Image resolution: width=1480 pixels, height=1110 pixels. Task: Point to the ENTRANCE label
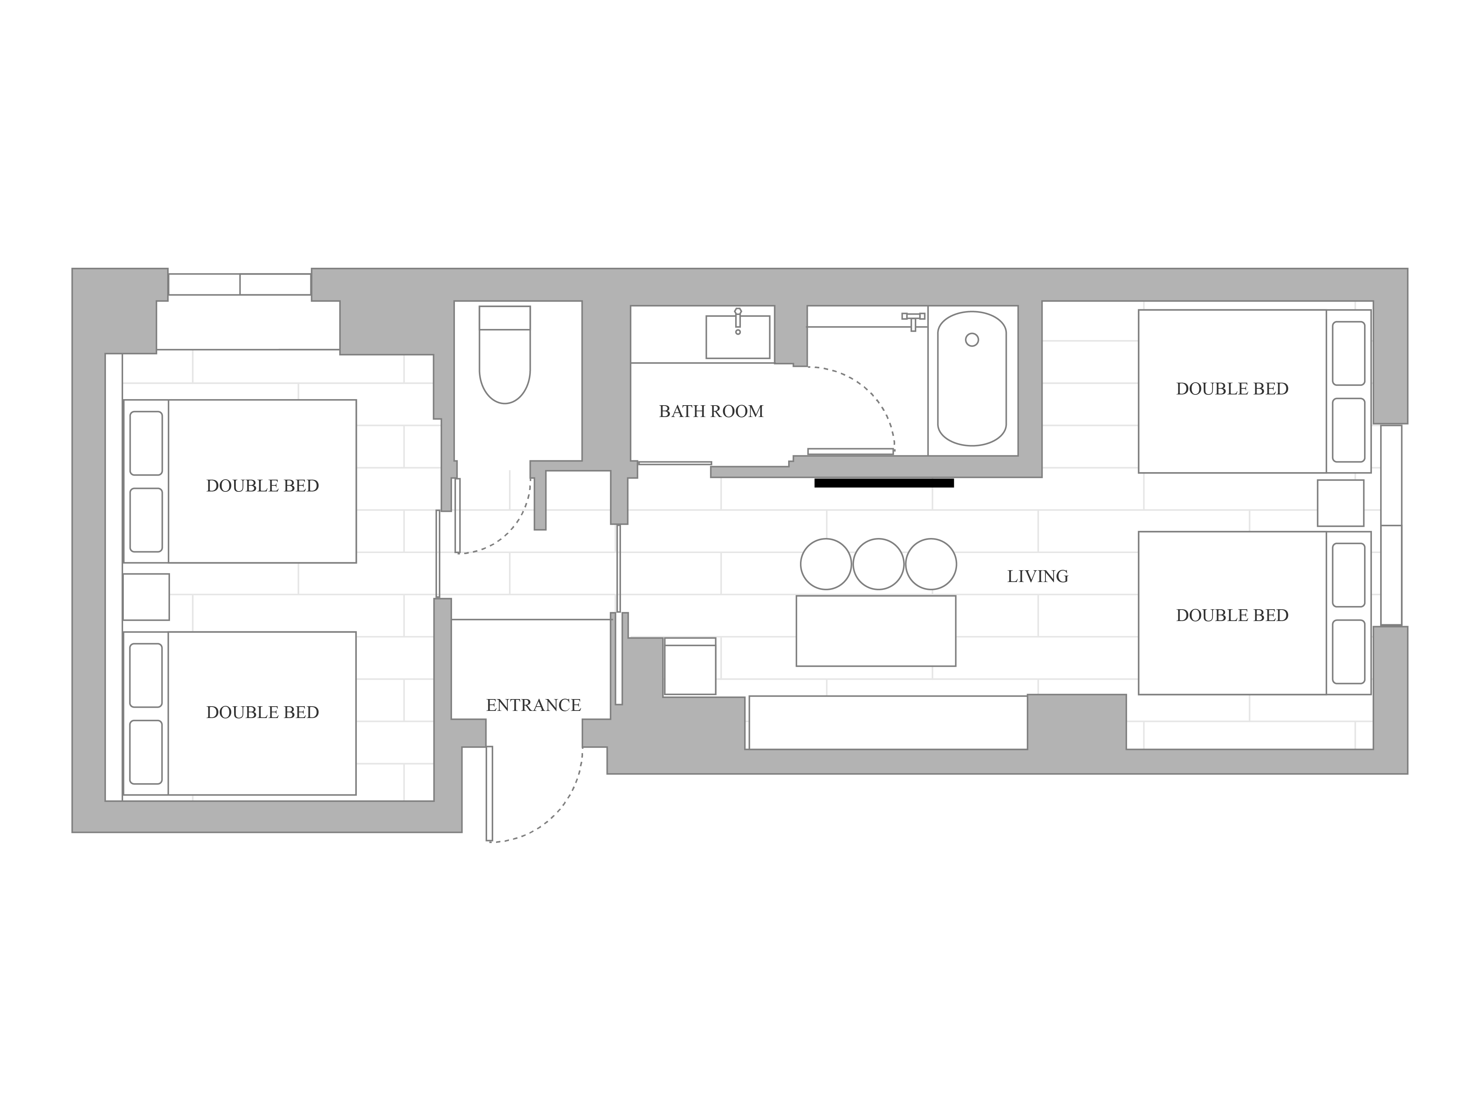[533, 705]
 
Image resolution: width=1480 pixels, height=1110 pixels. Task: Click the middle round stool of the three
[878, 564]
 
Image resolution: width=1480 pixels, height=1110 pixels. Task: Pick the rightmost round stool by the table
[931, 564]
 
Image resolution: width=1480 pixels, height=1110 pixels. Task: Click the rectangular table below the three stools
[876, 631]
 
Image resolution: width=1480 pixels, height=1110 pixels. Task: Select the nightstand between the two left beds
[146, 597]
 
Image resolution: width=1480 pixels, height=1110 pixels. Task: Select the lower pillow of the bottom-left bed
[146, 752]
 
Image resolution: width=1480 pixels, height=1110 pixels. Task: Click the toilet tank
[504, 318]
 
